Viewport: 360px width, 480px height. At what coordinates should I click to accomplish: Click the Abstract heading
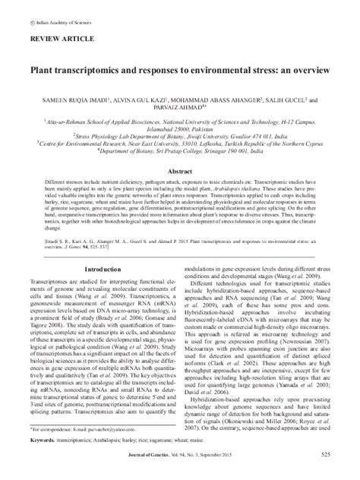click(179, 151)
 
